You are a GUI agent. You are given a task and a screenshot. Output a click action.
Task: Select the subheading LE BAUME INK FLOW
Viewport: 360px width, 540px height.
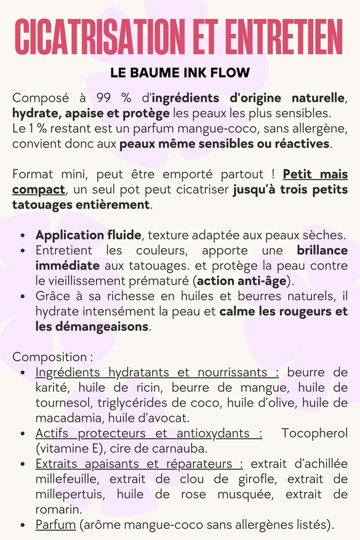tap(180, 73)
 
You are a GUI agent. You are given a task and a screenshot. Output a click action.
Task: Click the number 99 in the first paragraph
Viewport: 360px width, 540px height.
tap(105, 98)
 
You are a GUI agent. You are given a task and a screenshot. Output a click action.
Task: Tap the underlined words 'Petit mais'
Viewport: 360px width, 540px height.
tap(315, 174)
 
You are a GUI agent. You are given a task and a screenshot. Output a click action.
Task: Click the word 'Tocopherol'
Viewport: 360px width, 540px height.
tap(314, 433)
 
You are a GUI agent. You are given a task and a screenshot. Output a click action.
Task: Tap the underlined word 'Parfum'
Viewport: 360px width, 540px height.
tap(55, 525)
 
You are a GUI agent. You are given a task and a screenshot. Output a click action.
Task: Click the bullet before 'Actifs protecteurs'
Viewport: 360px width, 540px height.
tap(21, 434)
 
